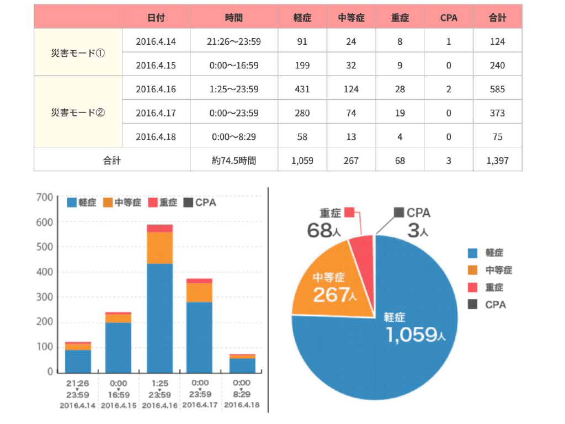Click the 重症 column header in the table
tap(400, 18)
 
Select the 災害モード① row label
tap(78, 54)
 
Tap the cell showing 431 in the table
tap(302, 89)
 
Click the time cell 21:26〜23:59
tap(234, 41)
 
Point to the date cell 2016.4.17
tap(156, 113)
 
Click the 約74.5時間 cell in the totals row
tap(234, 161)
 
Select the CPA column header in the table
tap(449, 18)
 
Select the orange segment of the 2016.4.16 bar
tap(159, 247)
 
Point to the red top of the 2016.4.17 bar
tap(199, 280)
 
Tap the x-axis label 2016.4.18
tap(241, 405)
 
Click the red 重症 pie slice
tap(363, 247)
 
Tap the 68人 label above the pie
tap(323, 230)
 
